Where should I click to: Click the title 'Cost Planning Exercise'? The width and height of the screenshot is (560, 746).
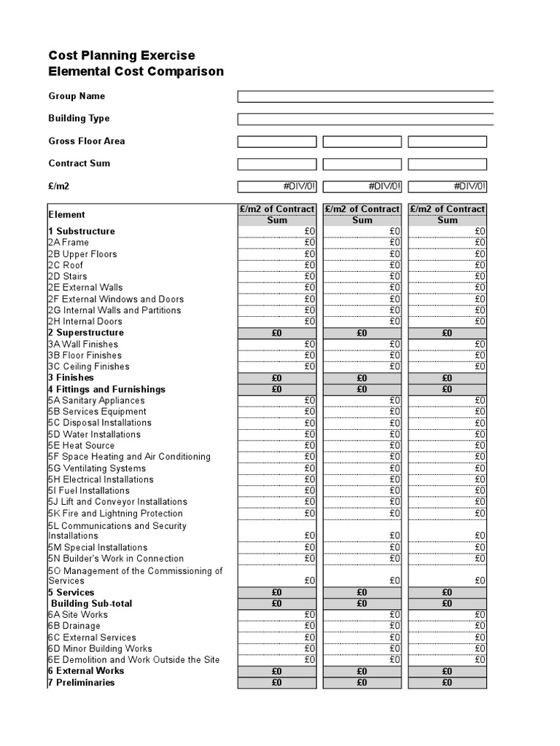122,55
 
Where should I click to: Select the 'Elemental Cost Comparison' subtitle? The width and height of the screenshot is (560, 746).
136,71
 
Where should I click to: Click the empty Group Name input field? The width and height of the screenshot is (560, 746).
365,96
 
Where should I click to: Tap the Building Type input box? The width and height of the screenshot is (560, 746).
365,119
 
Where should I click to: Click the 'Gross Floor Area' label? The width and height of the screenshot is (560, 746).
86,141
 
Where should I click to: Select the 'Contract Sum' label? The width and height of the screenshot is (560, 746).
79,163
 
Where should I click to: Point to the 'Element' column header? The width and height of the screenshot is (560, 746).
66,215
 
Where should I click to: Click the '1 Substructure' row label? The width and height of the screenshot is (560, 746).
82,232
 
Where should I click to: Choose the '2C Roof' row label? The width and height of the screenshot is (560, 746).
66,265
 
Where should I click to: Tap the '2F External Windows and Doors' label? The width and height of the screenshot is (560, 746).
116,299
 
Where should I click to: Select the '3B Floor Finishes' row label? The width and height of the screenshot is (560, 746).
85,356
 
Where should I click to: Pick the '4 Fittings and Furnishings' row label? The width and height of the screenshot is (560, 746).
106,390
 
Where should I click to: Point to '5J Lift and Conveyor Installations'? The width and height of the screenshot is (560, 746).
117,502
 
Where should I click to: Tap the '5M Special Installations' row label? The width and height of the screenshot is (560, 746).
98,547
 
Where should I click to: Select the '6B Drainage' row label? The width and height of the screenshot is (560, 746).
74,626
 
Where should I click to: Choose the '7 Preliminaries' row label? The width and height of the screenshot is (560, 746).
81,683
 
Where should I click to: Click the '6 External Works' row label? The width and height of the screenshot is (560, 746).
86,671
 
